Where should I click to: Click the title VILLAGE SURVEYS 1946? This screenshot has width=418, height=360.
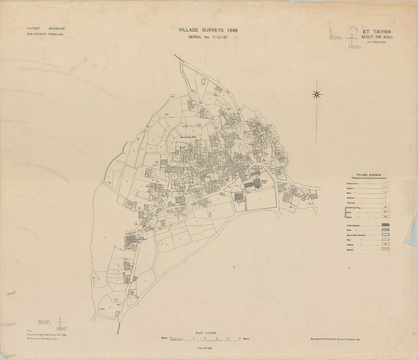[208, 30]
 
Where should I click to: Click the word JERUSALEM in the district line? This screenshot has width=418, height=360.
[57, 28]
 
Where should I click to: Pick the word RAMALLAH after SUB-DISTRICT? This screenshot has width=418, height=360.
[56, 34]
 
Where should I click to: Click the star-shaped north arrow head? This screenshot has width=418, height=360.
[317, 95]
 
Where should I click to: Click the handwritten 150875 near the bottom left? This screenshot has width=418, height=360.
[44, 322]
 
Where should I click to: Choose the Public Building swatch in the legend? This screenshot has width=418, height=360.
[385, 225]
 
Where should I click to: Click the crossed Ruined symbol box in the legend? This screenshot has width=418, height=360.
[385, 249]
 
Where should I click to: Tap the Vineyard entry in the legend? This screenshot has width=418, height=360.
[348, 203]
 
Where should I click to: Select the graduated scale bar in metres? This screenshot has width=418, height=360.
[206, 339]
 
